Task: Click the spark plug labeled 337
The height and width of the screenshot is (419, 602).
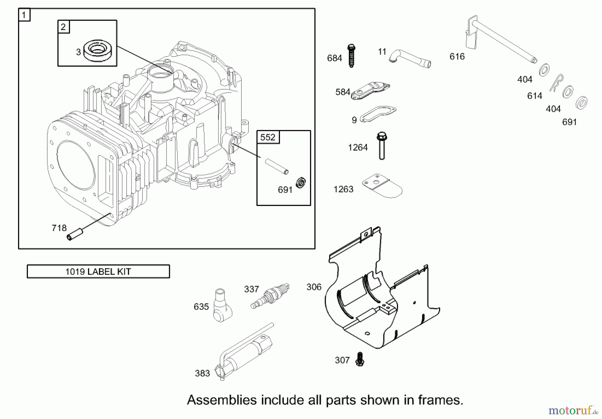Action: coord(270,296)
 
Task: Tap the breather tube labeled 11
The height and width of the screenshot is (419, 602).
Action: coord(410,59)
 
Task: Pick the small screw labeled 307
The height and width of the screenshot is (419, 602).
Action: coord(360,359)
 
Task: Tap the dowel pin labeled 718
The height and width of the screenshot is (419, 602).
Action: coord(75,234)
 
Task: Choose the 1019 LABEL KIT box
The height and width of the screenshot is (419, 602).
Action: coord(98,272)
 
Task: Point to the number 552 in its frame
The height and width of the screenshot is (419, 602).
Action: coord(268,137)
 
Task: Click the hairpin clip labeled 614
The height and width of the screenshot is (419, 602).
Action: coord(556,83)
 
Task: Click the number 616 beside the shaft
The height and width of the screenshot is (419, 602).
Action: coord(457,57)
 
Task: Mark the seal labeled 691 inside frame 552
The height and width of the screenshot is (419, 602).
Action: coord(301,183)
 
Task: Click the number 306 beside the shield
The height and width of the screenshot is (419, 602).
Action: coord(314,287)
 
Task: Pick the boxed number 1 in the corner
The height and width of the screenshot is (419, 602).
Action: coord(24,15)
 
